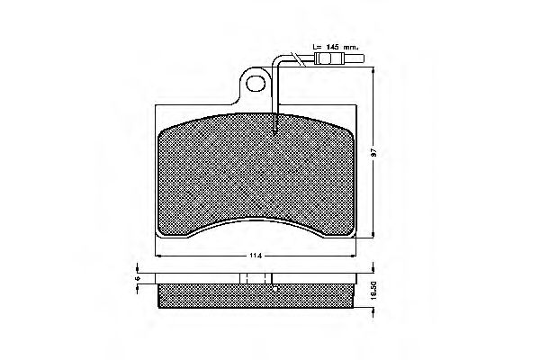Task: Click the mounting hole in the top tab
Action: (x=259, y=85)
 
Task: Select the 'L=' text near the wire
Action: (x=316, y=46)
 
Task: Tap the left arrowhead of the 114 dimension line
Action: (x=158, y=256)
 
